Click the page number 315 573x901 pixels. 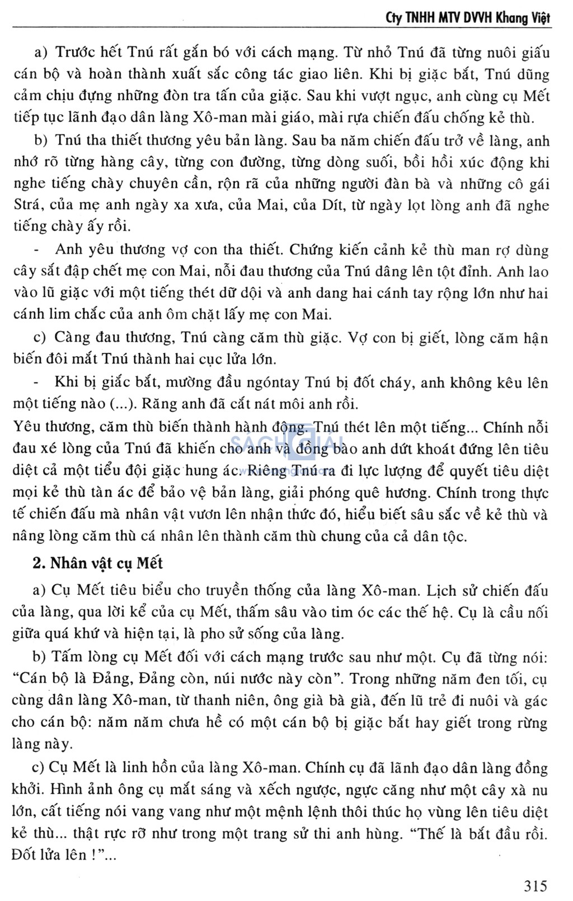[536, 885]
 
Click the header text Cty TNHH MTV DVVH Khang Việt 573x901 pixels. [468, 18]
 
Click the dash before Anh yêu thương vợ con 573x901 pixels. [37, 249]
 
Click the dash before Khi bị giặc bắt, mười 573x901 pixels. [37, 382]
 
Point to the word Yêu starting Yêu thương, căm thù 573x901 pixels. [26, 427]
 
